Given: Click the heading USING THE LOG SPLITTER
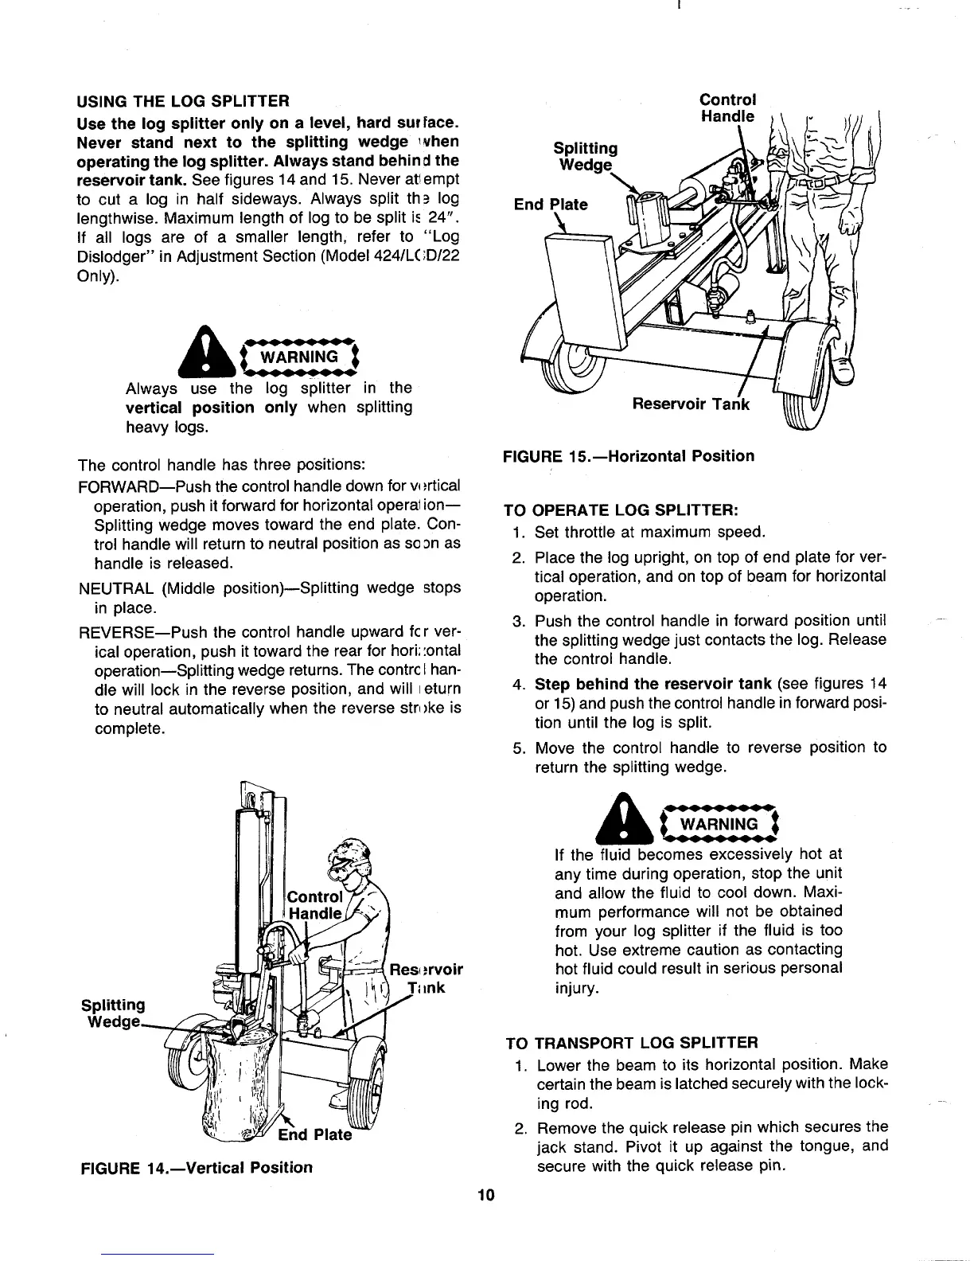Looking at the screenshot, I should tap(182, 102).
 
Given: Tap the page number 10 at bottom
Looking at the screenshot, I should tap(486, 1194).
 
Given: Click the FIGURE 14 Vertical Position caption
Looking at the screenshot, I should tap(195, 1168).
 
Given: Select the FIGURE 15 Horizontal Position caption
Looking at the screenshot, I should tap(628, 456).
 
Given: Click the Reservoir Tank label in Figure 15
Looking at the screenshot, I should tap(690, 404).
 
